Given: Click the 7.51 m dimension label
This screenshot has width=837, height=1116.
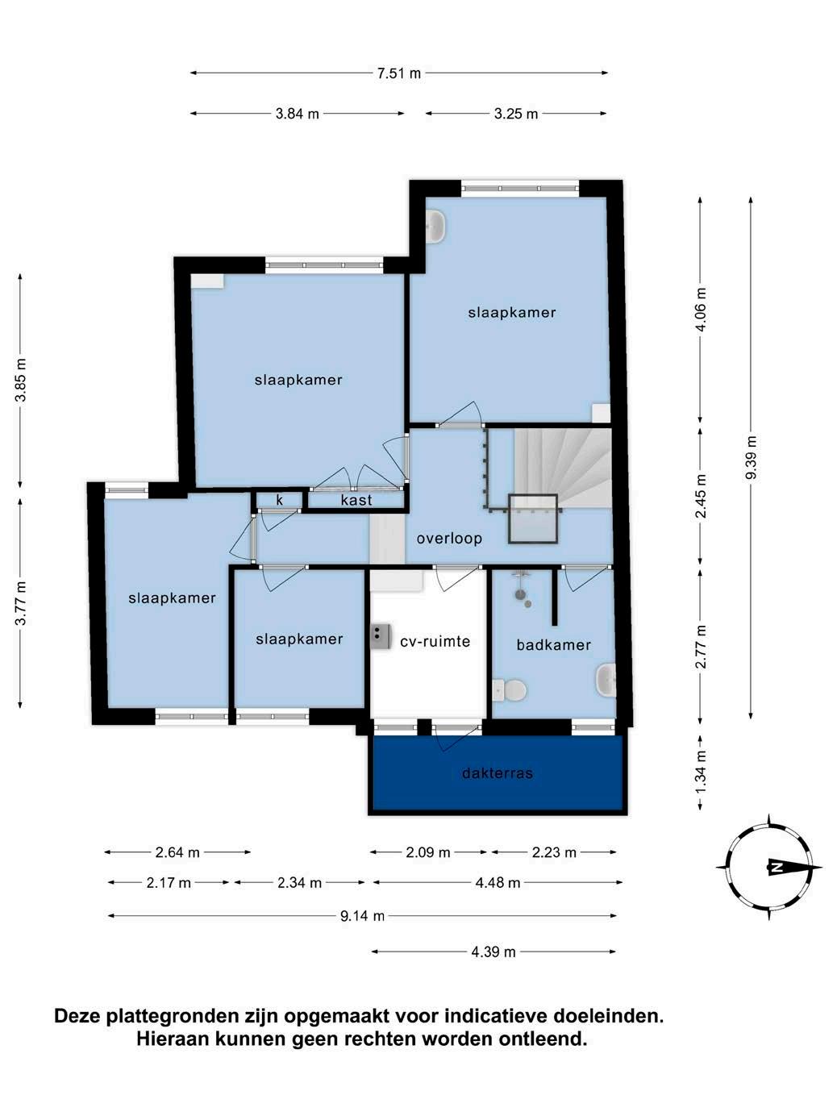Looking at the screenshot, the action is (399, 73).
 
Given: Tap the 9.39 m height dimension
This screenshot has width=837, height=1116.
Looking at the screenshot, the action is (752, 457).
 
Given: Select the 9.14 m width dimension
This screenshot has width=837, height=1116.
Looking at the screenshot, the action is (362, 916).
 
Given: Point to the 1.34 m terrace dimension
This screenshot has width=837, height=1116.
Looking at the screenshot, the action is (701, 772).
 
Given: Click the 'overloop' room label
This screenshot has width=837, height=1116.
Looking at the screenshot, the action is (449, 539).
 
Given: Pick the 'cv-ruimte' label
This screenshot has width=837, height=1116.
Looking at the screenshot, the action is (435, 641).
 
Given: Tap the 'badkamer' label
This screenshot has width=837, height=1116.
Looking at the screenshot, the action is (553, 645).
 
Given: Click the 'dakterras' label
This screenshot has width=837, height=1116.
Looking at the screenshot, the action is (498, 773).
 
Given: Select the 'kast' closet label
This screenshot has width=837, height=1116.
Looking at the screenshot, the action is (356, 500).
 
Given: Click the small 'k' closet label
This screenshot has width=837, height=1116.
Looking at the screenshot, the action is (280, 500).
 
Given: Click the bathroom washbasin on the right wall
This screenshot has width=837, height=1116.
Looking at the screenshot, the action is (606, 681).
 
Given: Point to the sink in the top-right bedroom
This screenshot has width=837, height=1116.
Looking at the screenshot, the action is (435, 227).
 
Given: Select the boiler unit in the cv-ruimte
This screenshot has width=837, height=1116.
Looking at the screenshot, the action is (381, 636).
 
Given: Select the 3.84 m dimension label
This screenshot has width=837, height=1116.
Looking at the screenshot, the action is (298, 114).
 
